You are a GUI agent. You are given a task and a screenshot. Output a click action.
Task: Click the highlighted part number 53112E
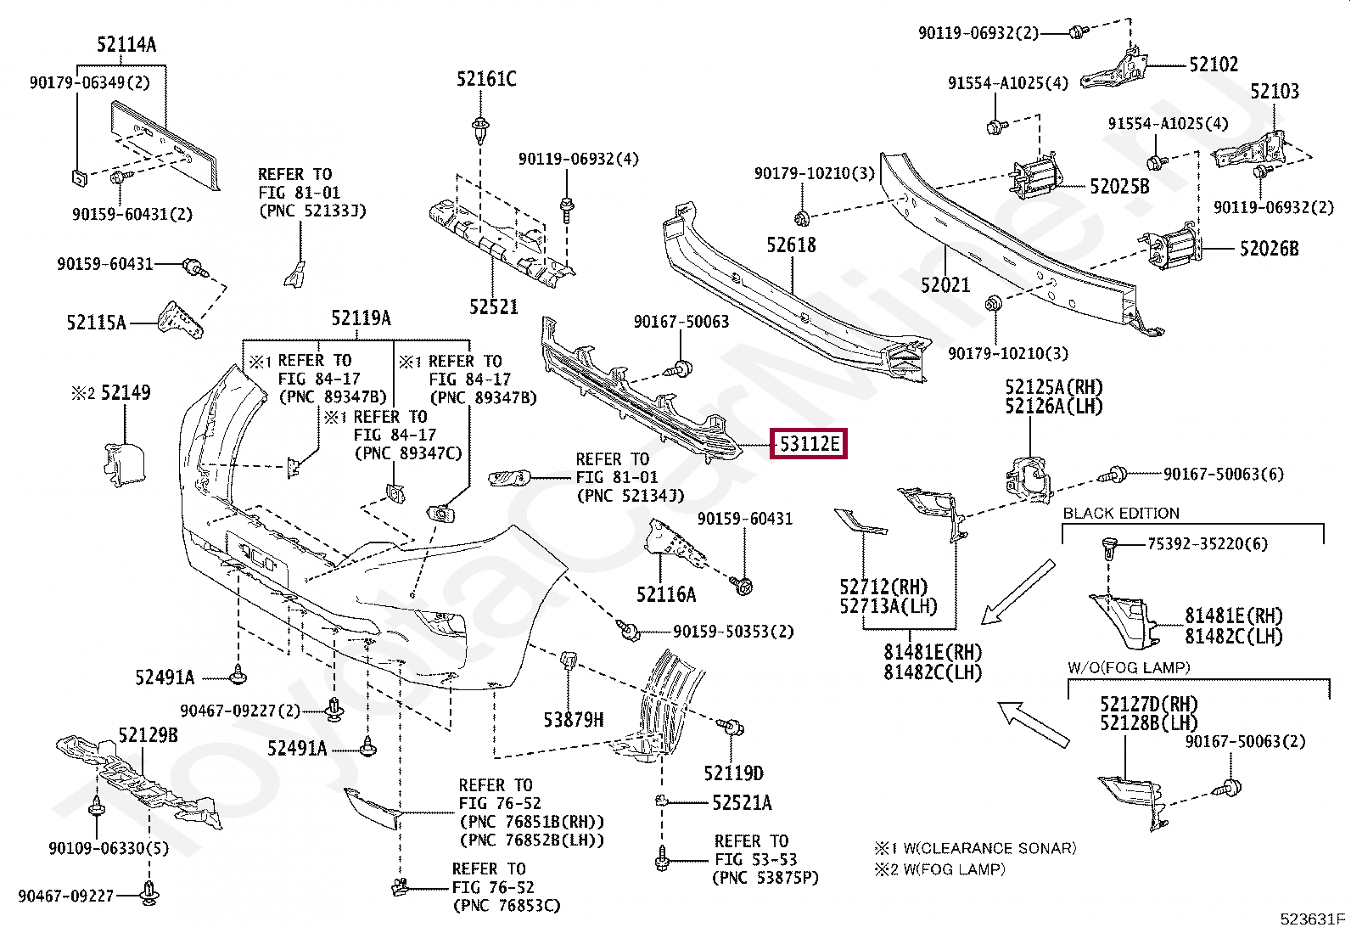coord(808,444)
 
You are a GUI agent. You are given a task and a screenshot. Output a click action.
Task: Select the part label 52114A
coord(126,45)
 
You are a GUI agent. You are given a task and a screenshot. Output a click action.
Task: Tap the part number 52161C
coord(486,80)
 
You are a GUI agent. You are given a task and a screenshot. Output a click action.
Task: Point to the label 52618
coord(791,245)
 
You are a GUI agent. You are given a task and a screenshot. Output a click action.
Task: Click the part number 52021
coord(945,285)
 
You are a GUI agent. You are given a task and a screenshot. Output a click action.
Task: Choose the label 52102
coord(1214,65)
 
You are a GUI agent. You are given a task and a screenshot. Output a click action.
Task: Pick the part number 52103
coord(1274,92)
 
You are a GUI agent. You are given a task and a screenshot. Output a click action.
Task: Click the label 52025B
coord(1119,187)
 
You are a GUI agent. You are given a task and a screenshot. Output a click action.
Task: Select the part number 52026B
coord(1269,249)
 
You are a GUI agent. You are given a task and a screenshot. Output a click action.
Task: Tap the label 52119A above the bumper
coord(361,318)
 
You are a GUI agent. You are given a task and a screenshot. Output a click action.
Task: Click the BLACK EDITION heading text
coord(1121,514)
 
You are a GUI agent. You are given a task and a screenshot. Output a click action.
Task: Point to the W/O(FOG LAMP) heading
coord(1129,668)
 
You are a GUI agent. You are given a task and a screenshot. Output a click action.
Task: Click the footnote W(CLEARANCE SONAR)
coord(989,848)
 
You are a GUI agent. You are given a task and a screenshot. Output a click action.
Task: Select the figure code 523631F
coord(1313,919)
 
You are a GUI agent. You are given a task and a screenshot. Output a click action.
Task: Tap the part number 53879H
coord(574,721)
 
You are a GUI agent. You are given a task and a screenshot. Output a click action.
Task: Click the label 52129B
coord(149,735)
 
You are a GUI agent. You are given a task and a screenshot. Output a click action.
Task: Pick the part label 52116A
coord(666,595)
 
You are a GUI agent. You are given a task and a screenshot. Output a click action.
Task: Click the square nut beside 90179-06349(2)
coord(76,177)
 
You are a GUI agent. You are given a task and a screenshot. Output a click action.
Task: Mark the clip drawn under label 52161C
coord(481,130)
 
